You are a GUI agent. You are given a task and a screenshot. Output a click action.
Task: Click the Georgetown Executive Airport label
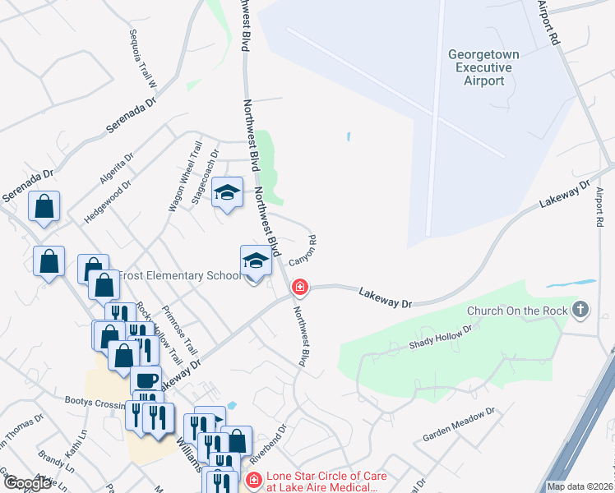coord(483,67)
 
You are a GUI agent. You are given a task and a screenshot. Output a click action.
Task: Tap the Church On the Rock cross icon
coord(581,310)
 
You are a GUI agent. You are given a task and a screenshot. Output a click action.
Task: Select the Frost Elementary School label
coord(181,275)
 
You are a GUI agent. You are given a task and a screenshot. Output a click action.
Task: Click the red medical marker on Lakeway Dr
coord(301,288)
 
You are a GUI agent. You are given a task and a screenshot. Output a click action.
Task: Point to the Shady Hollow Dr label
coord(442,337)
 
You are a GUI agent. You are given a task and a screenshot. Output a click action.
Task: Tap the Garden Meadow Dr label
coord(459,424)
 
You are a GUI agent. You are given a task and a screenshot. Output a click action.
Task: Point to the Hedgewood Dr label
coord(107,203)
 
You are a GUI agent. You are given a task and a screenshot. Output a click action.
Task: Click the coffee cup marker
coord(146,380)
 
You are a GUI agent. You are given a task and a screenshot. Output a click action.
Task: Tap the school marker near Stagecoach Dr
coord(228,193)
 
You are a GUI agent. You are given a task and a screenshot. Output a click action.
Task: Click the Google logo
coord(27,483)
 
